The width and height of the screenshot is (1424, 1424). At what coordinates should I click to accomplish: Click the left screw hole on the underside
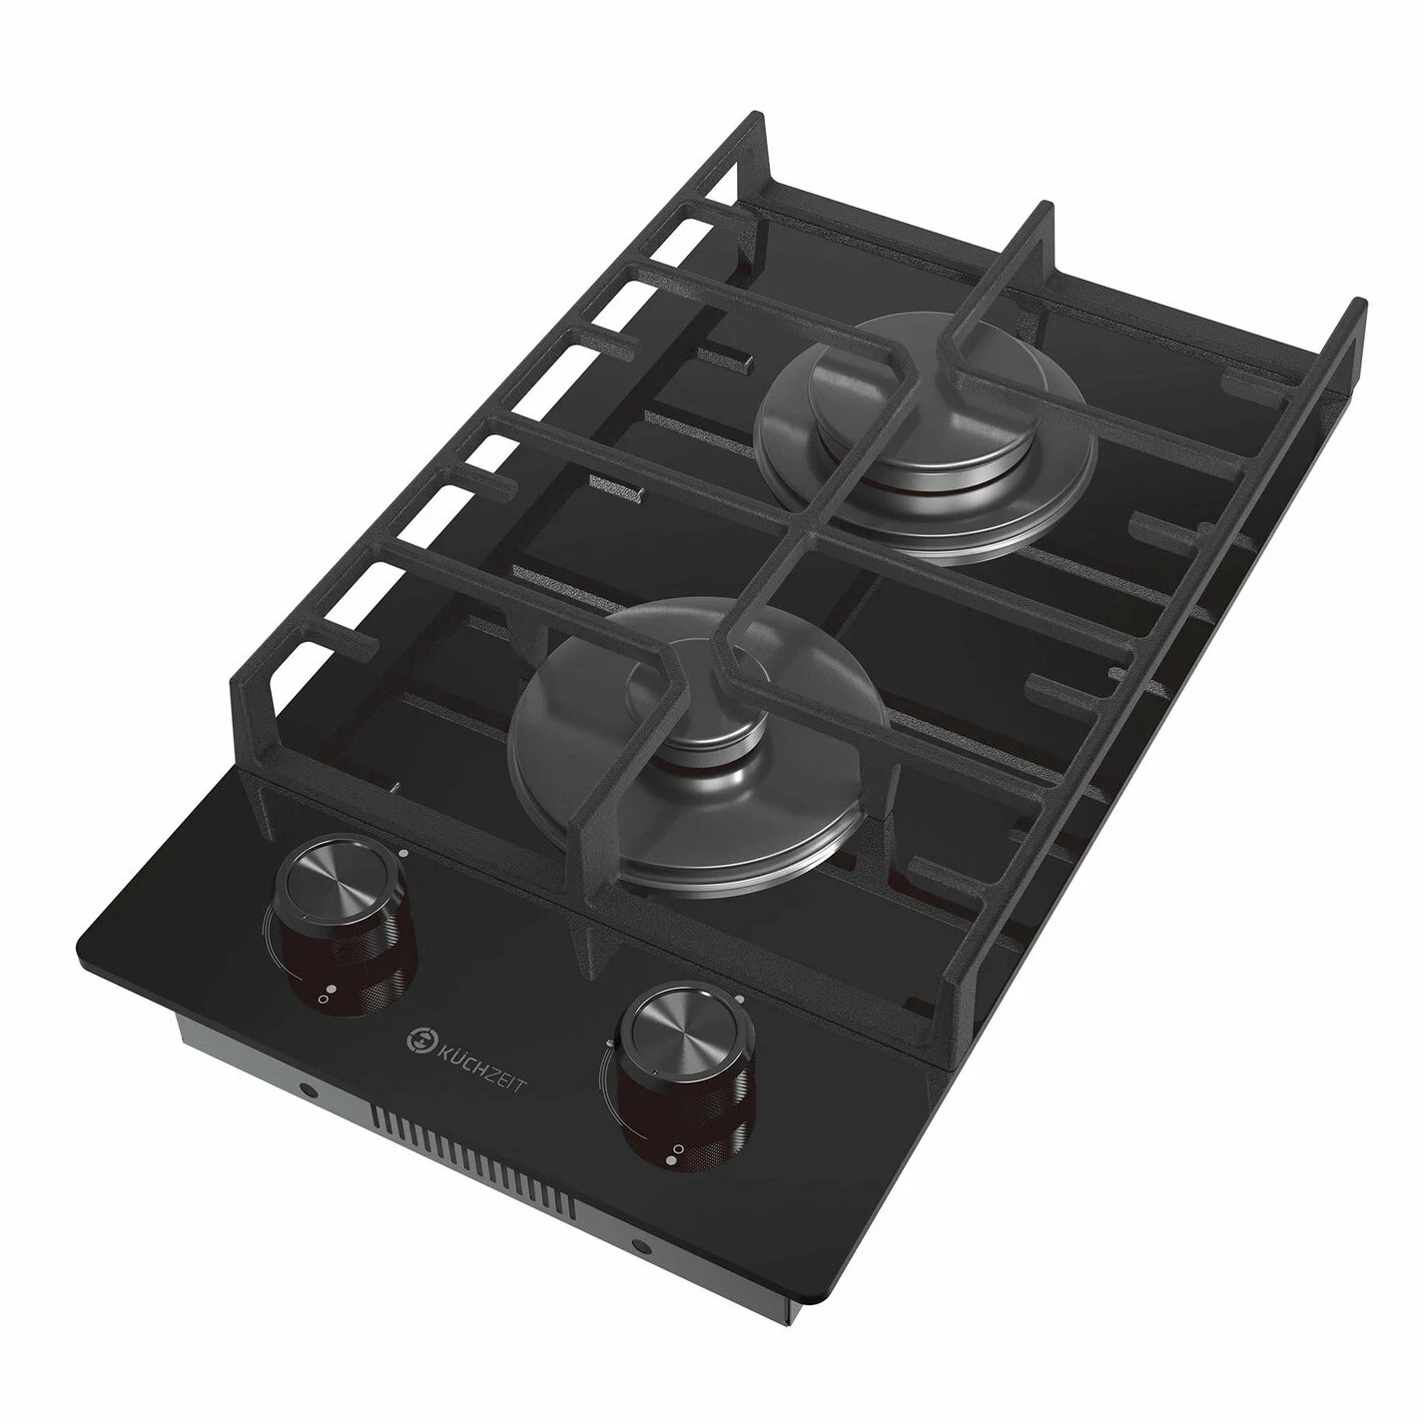click(305, 1090)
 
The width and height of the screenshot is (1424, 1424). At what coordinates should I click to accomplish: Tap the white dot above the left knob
click(402, 854)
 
